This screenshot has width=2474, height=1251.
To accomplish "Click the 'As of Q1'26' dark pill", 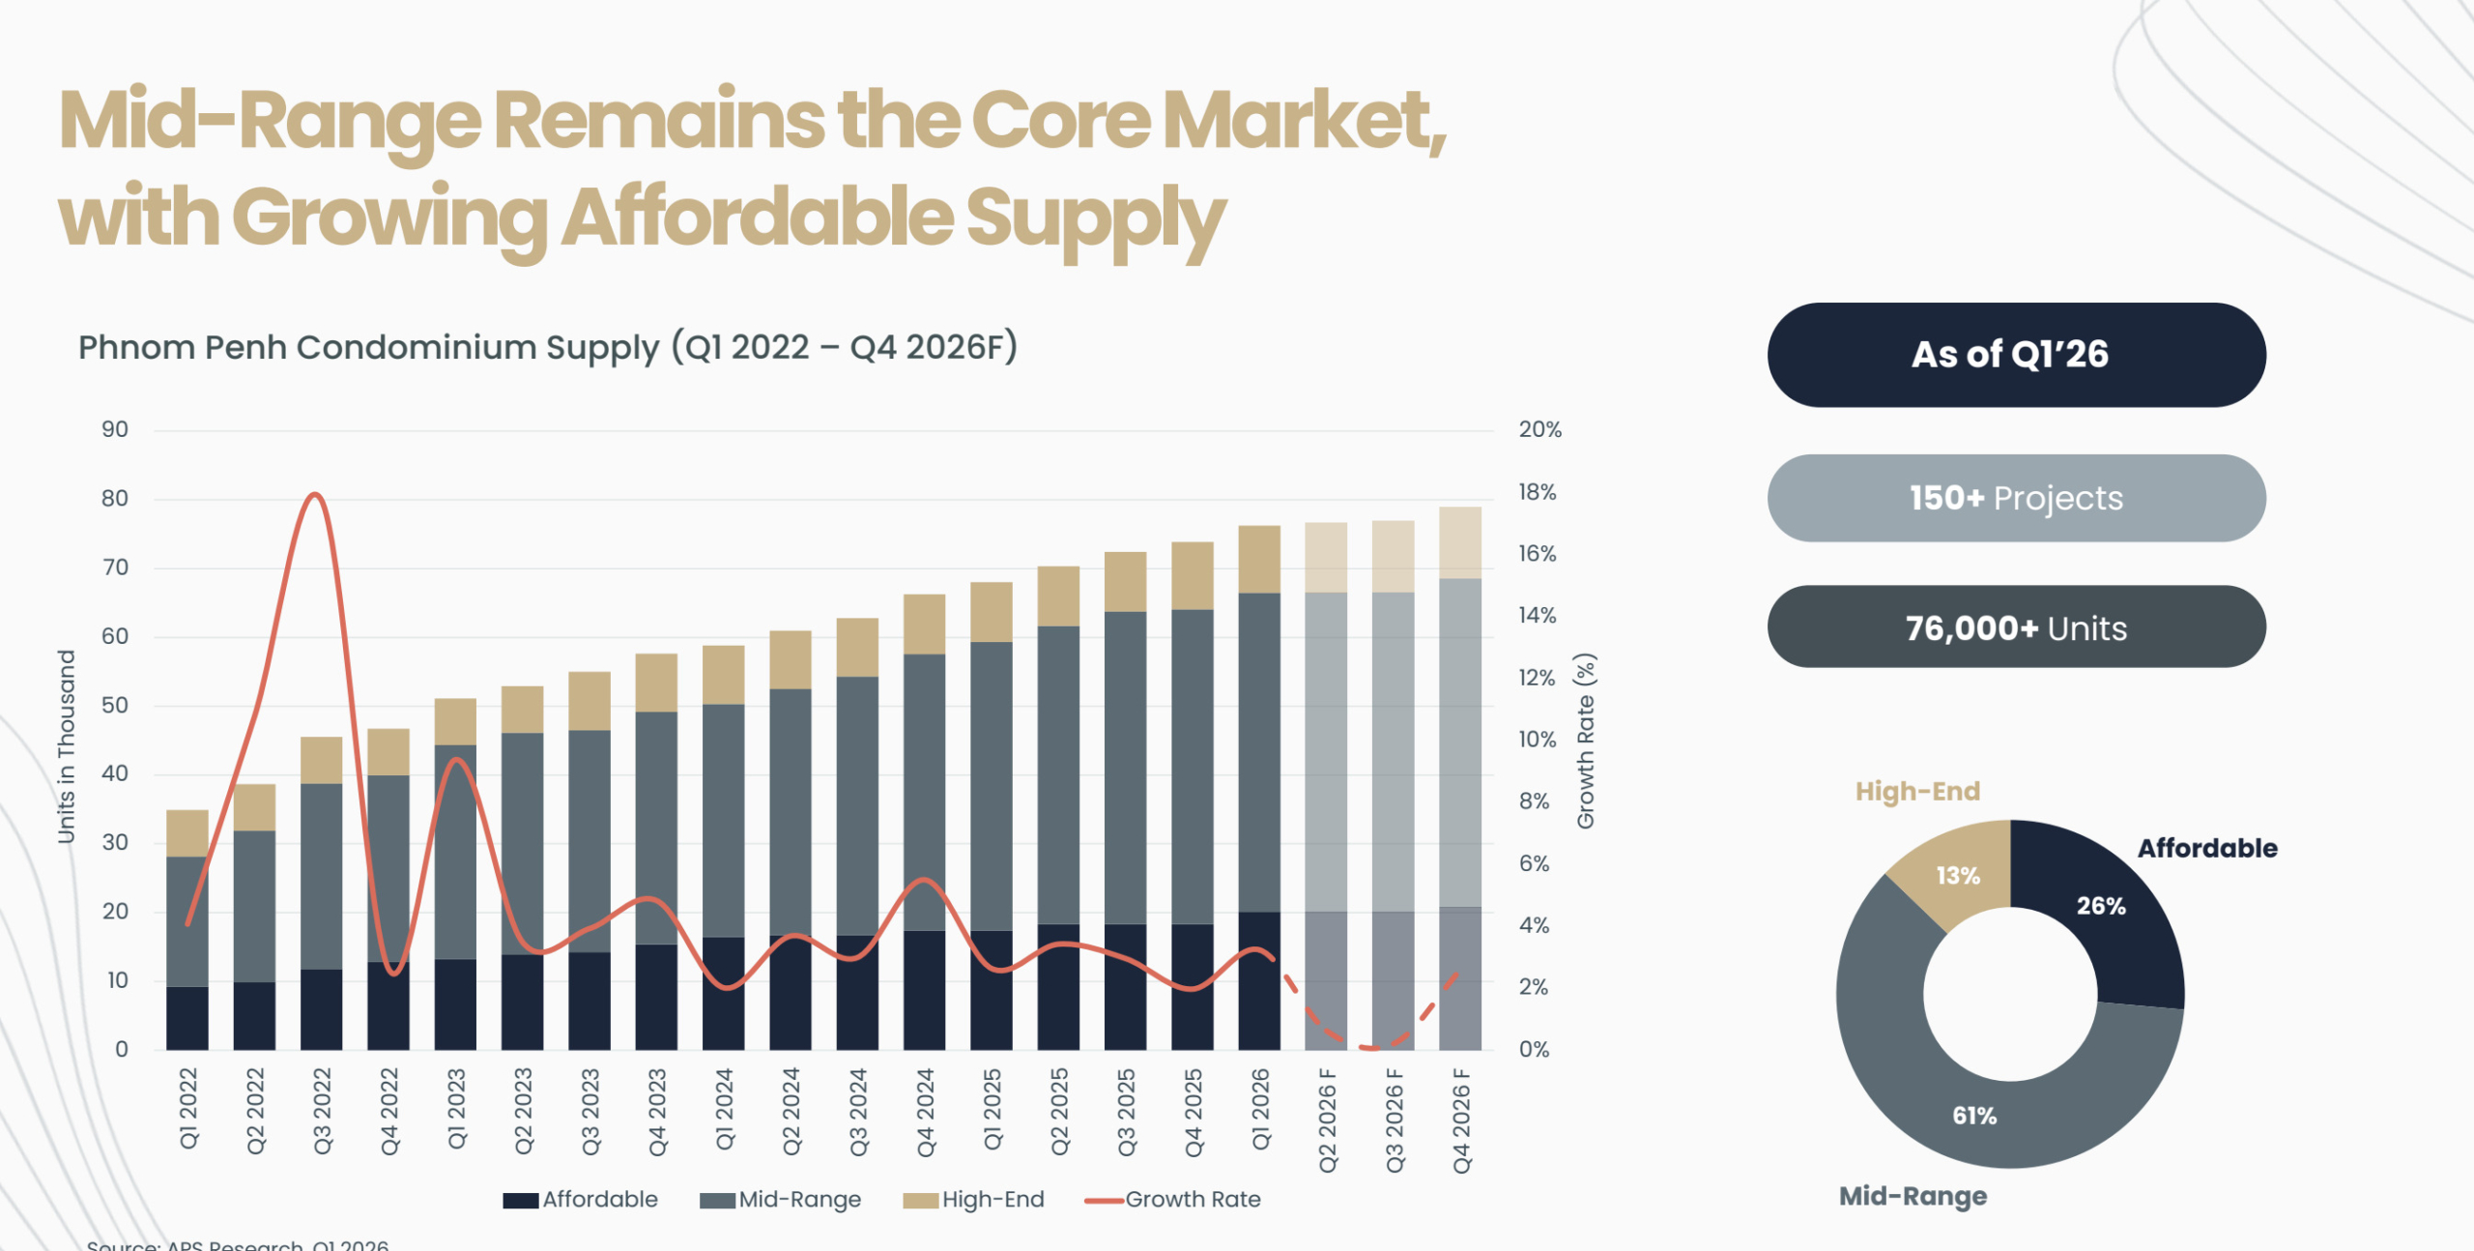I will (x=2016, y=355).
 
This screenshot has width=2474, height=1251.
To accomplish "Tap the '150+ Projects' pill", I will (x=2016, y=498).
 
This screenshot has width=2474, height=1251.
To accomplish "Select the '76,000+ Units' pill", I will (x=2016, y=627).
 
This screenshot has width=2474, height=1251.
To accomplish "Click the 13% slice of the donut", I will (x=1958, y=875).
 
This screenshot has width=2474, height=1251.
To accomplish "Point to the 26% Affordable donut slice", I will (x=2101, y=906).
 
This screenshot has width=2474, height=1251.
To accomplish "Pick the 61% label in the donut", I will (x=1973, y=1115).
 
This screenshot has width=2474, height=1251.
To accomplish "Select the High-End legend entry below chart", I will (x=974, y=1200).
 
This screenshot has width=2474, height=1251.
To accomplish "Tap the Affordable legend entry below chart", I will (x=581, y=1200).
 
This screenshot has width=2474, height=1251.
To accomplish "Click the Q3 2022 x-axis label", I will (x=322, y=1111).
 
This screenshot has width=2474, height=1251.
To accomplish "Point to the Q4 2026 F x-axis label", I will (x=1460, y=1120).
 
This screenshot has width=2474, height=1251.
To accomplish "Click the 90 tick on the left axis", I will (x=115, y=429).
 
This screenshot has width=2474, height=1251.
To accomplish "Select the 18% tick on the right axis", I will (x=1537, y=492).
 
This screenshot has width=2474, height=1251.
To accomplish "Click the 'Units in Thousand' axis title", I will (x=66, y=746).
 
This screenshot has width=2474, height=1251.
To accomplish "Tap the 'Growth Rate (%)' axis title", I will (x=1585, y=741).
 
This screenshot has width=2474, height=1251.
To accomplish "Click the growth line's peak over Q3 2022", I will (x=314, y=495).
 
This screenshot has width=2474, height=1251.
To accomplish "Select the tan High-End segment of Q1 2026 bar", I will (x=1259, y=559).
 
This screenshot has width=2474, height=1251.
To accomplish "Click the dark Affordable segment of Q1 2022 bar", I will (x=187, y=1017).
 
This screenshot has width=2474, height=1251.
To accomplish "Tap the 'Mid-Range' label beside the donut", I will (x=1912, y=1196).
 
